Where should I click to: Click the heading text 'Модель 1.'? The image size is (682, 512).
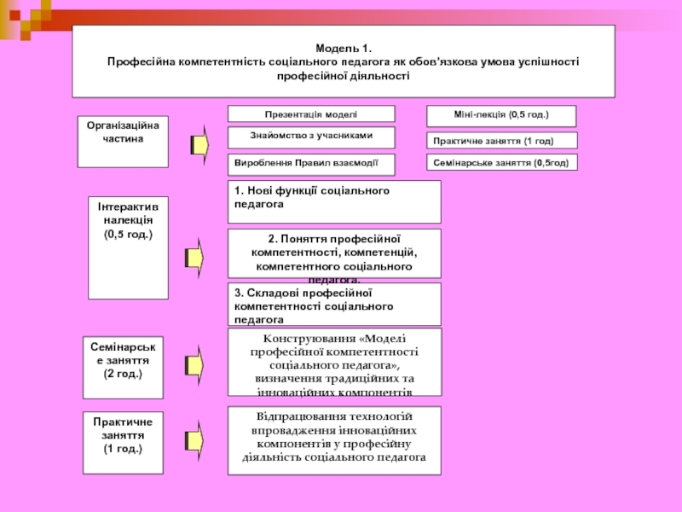tap(344, 49)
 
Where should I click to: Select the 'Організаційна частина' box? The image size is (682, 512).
tap(123, 141)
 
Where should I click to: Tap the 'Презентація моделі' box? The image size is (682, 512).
tap(311, 113)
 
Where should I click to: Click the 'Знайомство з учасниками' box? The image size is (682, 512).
tap(311, 137)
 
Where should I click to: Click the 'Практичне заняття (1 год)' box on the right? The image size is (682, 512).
tap(500, 140)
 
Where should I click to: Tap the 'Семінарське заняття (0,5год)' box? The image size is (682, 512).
tap(500, 162)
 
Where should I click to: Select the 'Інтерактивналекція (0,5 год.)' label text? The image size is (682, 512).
tap(128, 220)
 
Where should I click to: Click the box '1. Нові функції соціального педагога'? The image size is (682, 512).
tap(334, 201)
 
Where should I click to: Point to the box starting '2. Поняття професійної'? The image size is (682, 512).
tap(334, 253)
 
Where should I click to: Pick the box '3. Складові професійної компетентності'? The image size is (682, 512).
tap(334, 305)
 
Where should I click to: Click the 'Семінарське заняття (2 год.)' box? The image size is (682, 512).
tap(128, 367)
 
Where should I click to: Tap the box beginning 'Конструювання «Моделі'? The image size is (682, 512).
tap(334, 362)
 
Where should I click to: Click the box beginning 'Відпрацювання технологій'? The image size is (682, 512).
tap(334, 440)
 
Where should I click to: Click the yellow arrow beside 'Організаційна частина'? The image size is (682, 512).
tap(199, 143)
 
